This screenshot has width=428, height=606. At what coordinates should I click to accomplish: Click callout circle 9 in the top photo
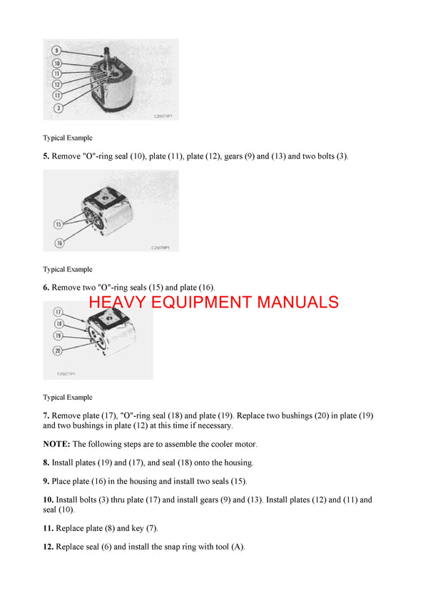click(x=56, y=51)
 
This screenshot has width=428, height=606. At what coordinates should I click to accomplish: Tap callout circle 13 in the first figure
click(x=56, y=95)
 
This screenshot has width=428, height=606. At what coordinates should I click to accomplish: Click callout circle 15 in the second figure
click(x=58, y=224)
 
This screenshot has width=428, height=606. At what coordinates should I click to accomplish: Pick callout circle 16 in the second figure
click(x=58, y=243)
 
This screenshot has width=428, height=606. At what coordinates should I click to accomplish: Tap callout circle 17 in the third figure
click(x=58, y=312)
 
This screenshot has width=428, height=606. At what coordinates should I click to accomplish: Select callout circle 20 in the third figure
click(x=58, y=350)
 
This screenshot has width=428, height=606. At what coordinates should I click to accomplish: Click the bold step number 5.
click(x=46, y=156)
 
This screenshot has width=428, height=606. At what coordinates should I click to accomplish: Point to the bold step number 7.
click(x=46, y=415)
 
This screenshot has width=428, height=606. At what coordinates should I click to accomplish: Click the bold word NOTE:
click(x=56, y=444)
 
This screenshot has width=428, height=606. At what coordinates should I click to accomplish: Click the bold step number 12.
click(x=48, y=547)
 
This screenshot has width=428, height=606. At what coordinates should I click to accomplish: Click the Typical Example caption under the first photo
click(x=68, y=138)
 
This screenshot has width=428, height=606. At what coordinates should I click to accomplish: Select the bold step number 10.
click(x=48, y=500)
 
